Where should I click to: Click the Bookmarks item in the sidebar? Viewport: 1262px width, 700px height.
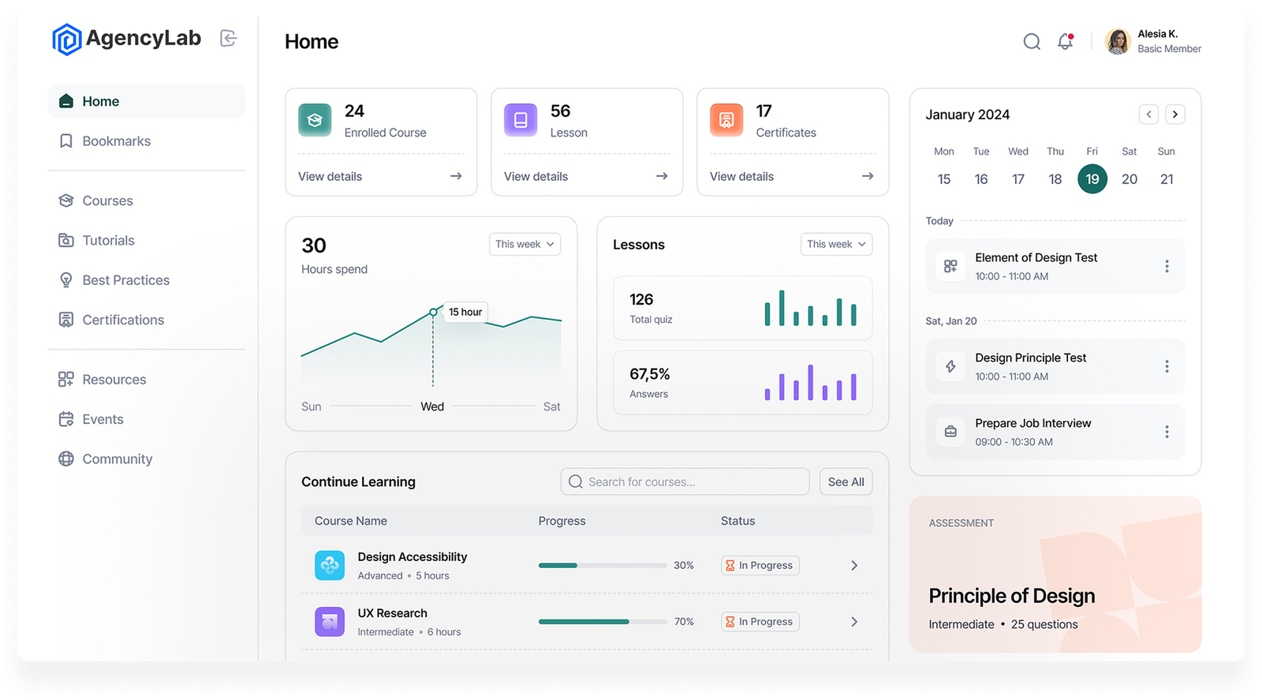click(x=116, y=141)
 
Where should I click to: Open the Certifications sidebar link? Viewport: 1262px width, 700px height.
click(x=123, y=320)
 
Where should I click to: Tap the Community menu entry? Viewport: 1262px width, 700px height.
click(x=117, y=459)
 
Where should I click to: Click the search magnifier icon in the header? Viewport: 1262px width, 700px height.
click(x=1032, y=42)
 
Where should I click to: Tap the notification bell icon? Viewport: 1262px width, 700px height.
click(x=1066, y=42)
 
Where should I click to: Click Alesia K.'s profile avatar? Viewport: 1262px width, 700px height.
click(x=1118, y=42)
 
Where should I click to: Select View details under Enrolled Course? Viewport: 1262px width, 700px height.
click(x=330, y=177)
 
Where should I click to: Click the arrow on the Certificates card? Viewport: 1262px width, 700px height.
click(x=868, y=176)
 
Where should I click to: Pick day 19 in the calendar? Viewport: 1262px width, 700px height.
click(x=1092, y=179)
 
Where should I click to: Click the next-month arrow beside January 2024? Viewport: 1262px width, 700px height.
click(x=1175, y=114)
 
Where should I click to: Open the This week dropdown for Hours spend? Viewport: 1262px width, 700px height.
click(x=525, y=245)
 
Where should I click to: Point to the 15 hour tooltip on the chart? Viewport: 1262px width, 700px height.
click(x=465, y=312)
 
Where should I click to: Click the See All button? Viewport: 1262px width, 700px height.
click(x=846, y=482)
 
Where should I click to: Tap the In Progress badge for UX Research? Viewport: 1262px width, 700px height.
click(x=760, y=622)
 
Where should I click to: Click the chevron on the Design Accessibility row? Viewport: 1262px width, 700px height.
click(x=854, y=566)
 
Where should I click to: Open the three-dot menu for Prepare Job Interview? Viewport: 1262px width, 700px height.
click(x=1167, y=432)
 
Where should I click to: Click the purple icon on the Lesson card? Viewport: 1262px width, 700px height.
click(x=521, y=120)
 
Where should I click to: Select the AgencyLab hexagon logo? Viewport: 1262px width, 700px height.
click(x=67, y=39)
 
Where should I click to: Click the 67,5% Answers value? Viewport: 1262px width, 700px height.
click(x=650, y=374)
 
